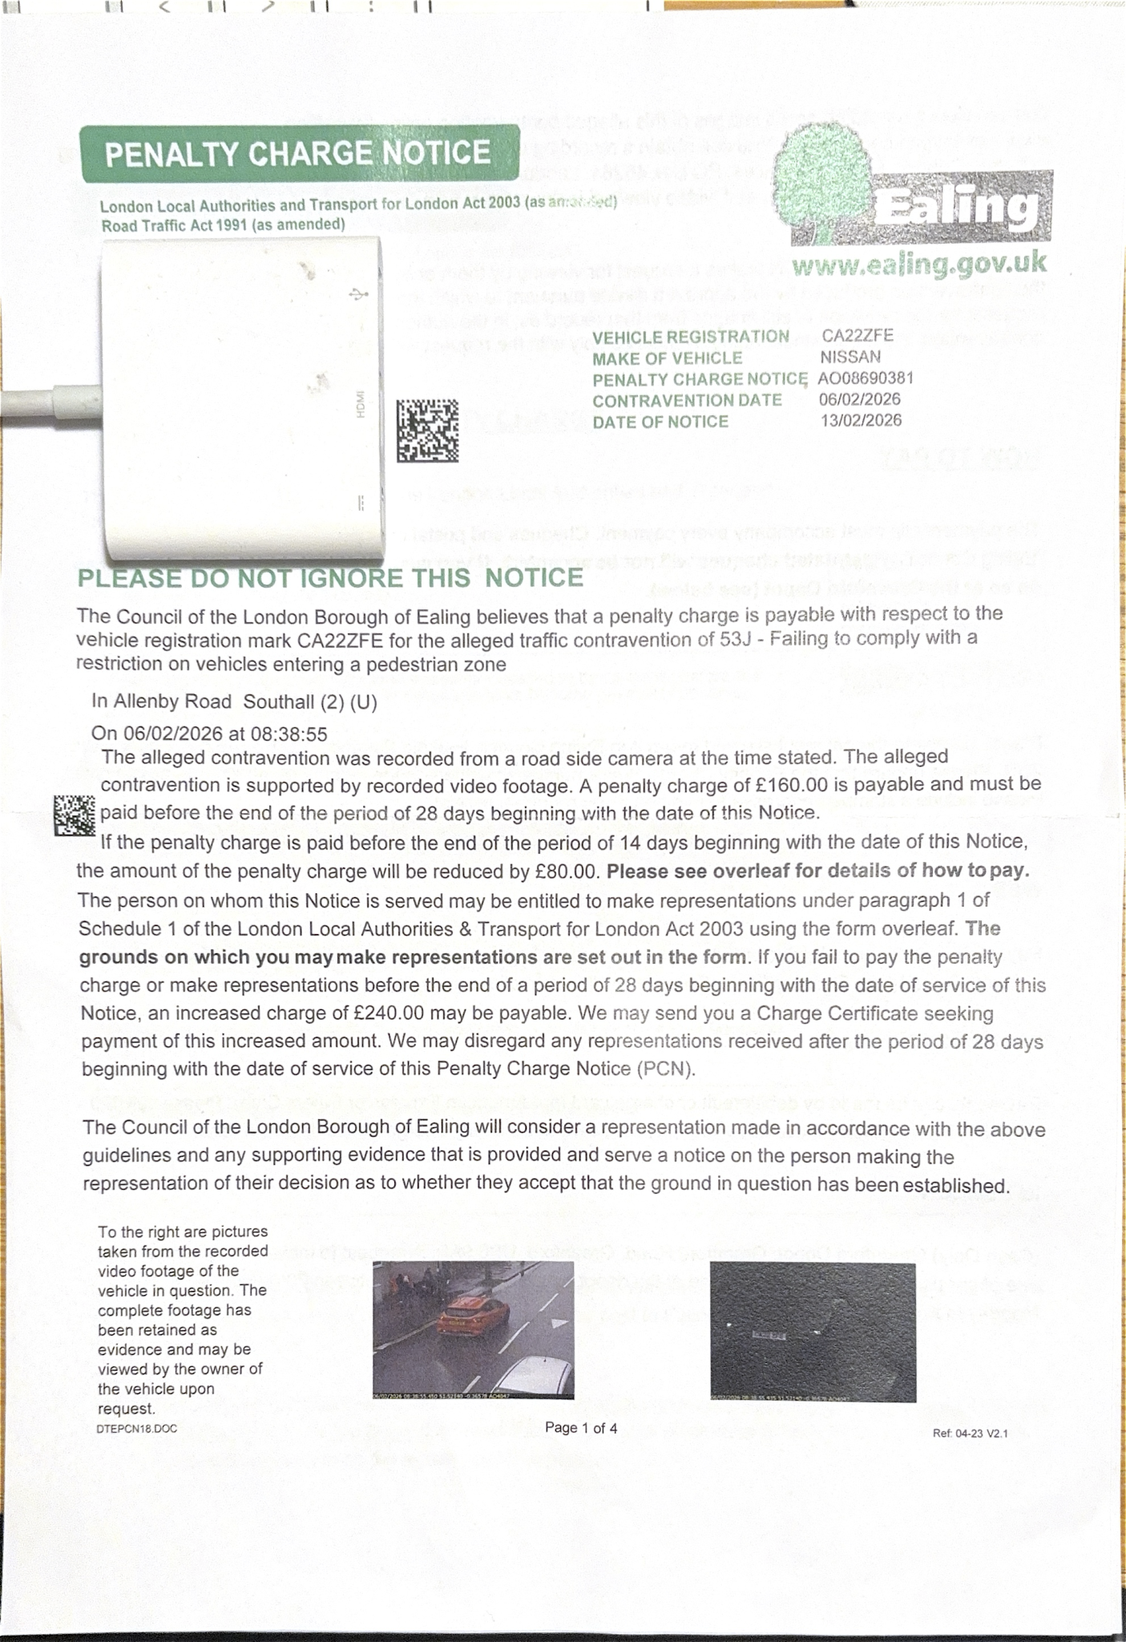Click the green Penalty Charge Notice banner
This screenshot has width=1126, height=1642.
pyautogui.click(x=298, y=153)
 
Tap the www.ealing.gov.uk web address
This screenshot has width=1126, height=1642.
pyautogui.click(x=918, y=263)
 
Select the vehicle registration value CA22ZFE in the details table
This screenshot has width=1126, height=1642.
pyautogui.click(x=858, y=336)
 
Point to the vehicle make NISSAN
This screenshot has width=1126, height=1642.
pyautogui.click(x=850, y=357)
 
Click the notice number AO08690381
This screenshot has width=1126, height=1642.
pyautogui.click(x=866, y=378)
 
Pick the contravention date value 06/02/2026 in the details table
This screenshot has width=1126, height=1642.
pyautogui.click(x=860, y=399)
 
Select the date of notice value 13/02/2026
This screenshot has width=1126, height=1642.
pyautogui.click(x=861, y=420)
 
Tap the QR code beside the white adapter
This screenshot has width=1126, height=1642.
pyautogui.click(x=427, y=431)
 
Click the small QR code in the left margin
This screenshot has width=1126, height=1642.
pyautogui.click(x=75, y=815)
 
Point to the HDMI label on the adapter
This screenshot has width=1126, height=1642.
pyautogui.click(x=361, y=404)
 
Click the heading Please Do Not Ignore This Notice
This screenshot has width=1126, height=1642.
pyautogui.click(x=330, y=578)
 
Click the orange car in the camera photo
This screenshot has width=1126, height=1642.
pyautogui.click(x=473, y=1316)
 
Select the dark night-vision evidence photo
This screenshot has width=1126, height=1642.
pyautogui.click(x=813, y=1332)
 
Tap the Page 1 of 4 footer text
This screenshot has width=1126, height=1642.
pyautogui.click(x=581, y=1428)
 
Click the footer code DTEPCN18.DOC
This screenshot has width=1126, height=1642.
pyautogui.click(x=137, y=1429)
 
